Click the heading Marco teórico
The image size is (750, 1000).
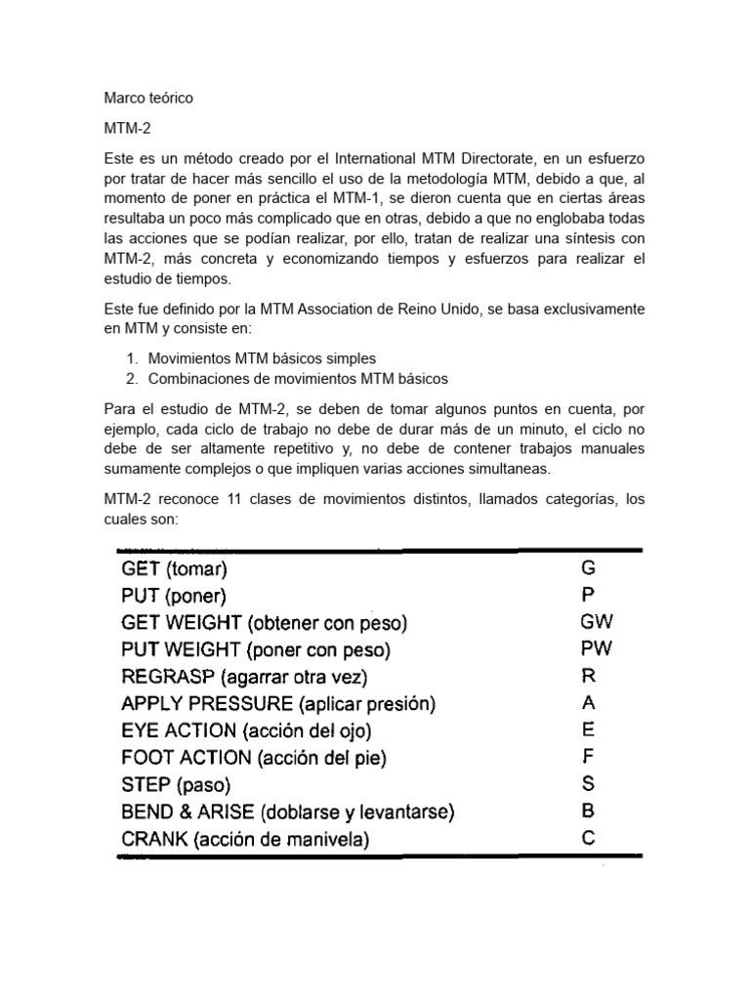tap(148, 99)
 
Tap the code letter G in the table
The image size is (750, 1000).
tap(587, 567)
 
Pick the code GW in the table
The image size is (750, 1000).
tap(596, 621)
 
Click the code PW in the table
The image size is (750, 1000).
tap(595, 648)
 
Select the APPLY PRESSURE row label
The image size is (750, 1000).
tap(277, 703)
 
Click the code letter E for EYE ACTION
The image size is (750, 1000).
tap(587, 729)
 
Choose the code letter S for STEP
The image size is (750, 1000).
tap(587, 783)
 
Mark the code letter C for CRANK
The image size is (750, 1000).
tap(587, 838)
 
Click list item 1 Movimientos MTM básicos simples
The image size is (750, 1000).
tap(261, 358)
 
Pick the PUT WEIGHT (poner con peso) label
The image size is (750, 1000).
tap(255, 649)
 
